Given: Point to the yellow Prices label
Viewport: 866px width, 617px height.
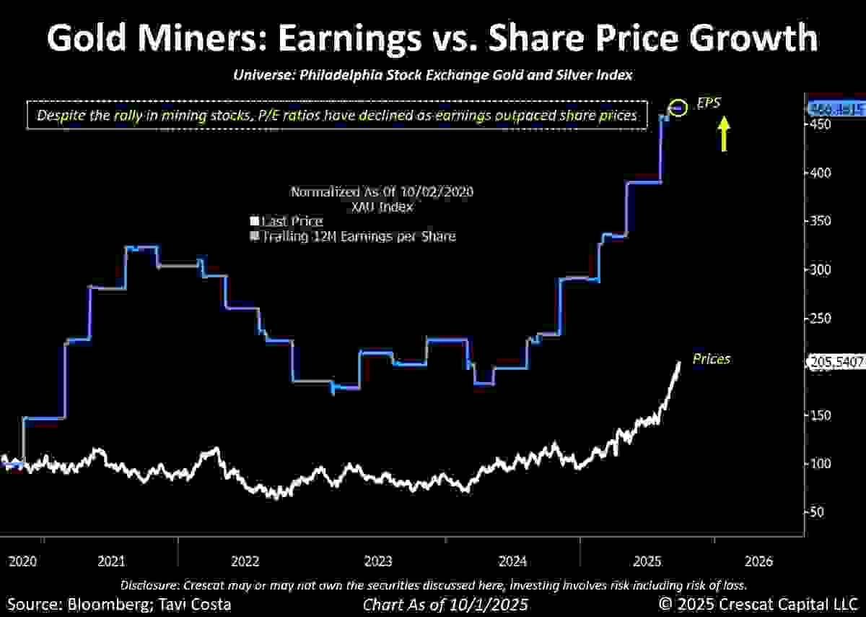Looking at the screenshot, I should coord(711,358).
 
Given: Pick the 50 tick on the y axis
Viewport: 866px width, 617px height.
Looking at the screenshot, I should coord(818,512).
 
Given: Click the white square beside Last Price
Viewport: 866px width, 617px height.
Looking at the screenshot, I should coord(254,221).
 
